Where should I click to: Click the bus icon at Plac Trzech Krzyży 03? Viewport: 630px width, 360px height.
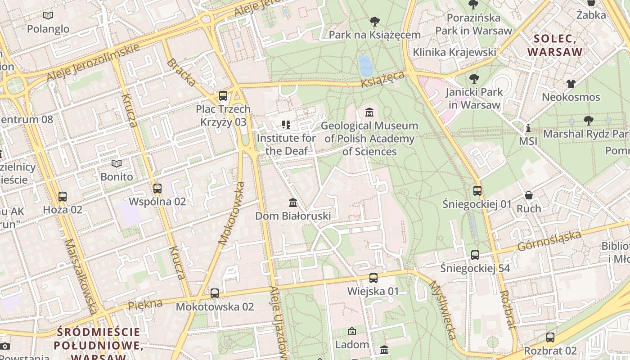[x=223, y=96]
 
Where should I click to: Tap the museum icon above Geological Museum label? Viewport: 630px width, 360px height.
[x=369, y=112]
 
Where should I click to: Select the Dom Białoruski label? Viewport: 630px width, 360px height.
[x=293, y=216]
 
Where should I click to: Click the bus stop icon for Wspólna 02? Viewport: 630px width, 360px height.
[x=157, y=189]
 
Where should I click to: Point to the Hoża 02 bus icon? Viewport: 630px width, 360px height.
[x=63, y=197]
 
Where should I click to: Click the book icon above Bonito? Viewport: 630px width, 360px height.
[x=117, y=163]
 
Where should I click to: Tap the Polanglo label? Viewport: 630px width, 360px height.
[x=48, y=29]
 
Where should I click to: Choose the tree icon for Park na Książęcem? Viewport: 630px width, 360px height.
[x=374, y=21]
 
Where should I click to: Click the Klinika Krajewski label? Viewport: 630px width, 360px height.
[x=454, y=52]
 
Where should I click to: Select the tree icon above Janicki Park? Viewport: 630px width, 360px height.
[x=474, y=79]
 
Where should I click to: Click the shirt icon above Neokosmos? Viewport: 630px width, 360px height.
[x=571, y=84]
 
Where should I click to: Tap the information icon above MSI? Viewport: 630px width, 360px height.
[x=528, y=128]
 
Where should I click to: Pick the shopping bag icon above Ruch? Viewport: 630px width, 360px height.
[x=529, y=196]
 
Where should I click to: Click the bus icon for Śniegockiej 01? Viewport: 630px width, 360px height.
[x=477, y=191]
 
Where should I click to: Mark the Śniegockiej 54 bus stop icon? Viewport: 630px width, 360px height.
[x=475, y=255]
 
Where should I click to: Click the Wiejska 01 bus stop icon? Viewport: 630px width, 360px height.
[x=373, y=278]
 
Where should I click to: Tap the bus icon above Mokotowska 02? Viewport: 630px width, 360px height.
[x=215, y=293]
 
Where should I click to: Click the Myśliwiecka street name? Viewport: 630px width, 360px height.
[x=443, y=310]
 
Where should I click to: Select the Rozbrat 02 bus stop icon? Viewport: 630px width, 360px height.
[x=550, y=337]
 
